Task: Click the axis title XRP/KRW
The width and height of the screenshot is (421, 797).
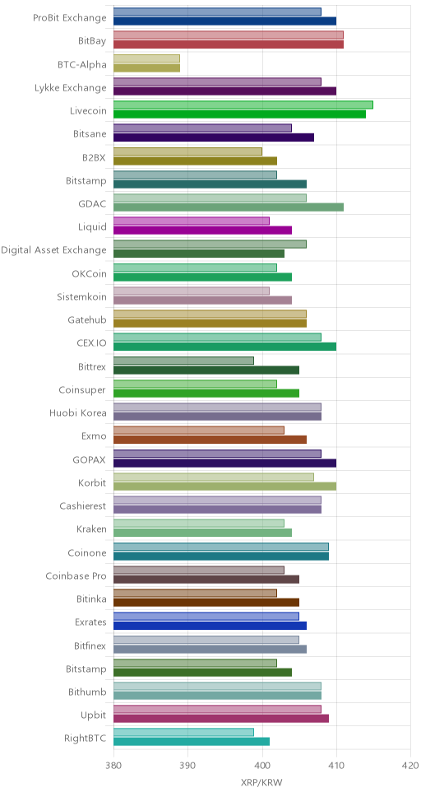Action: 261,781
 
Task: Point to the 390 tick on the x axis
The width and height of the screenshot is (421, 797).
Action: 188,765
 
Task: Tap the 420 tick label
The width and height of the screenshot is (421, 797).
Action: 410,765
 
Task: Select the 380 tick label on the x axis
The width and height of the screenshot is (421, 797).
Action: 113,765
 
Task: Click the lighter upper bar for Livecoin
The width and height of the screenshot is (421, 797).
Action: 243,105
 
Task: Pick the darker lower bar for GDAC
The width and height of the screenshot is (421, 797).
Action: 229,207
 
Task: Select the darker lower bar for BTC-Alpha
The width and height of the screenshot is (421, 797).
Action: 146,68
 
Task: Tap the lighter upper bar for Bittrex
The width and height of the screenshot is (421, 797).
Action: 184,361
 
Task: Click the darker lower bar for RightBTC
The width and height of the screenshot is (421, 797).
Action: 192,742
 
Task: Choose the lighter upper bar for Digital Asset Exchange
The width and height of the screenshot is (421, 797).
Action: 210,244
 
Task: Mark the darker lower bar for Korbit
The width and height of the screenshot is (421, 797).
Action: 225,486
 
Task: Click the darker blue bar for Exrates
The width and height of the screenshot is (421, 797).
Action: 210,625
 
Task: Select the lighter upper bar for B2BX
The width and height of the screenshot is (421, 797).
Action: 188,151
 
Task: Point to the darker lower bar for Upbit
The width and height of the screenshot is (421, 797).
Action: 221,718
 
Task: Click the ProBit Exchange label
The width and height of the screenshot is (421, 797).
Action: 70,18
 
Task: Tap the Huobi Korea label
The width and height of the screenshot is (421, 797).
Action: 78,412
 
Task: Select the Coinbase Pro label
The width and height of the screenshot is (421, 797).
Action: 76,576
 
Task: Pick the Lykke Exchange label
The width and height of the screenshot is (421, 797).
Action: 71,88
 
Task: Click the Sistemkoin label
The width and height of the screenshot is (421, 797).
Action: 81,297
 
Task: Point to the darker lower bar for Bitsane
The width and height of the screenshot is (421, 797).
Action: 214,137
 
